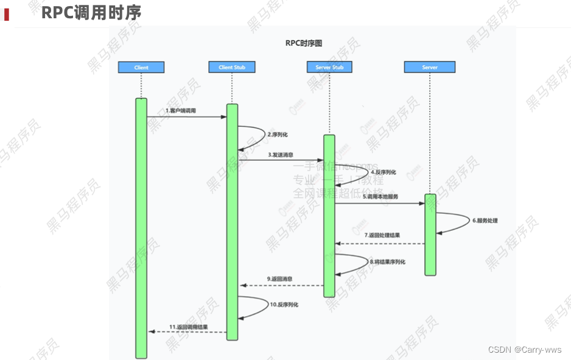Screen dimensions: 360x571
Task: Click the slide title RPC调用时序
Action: coord(91,12)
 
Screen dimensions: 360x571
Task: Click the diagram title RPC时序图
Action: coord(303,43)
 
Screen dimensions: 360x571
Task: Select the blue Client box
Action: coord(141,67)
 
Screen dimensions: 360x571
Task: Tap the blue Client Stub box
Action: coord(231,67)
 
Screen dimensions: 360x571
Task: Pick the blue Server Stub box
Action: coord(329,67)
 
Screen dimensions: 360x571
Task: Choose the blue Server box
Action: coord(430,67)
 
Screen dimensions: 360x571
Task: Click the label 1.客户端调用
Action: coord(181,111)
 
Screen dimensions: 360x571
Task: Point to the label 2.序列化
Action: coord(278,133)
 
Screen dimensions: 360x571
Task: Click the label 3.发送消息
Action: coord(281,155)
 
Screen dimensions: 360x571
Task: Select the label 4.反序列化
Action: coord(384,172)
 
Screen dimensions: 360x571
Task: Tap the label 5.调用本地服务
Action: coord(380,197)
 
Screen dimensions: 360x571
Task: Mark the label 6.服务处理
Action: coord(485,221)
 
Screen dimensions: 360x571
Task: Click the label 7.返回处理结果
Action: coord(382,235)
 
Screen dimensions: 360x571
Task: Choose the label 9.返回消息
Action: coord(279,279)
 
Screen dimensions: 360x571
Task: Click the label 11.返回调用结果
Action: coord(188,327)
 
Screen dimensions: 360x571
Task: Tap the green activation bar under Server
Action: coord(430,235)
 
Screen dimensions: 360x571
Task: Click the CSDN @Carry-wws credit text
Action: coord(525,350)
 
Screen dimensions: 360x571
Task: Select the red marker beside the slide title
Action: coord(7,13)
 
